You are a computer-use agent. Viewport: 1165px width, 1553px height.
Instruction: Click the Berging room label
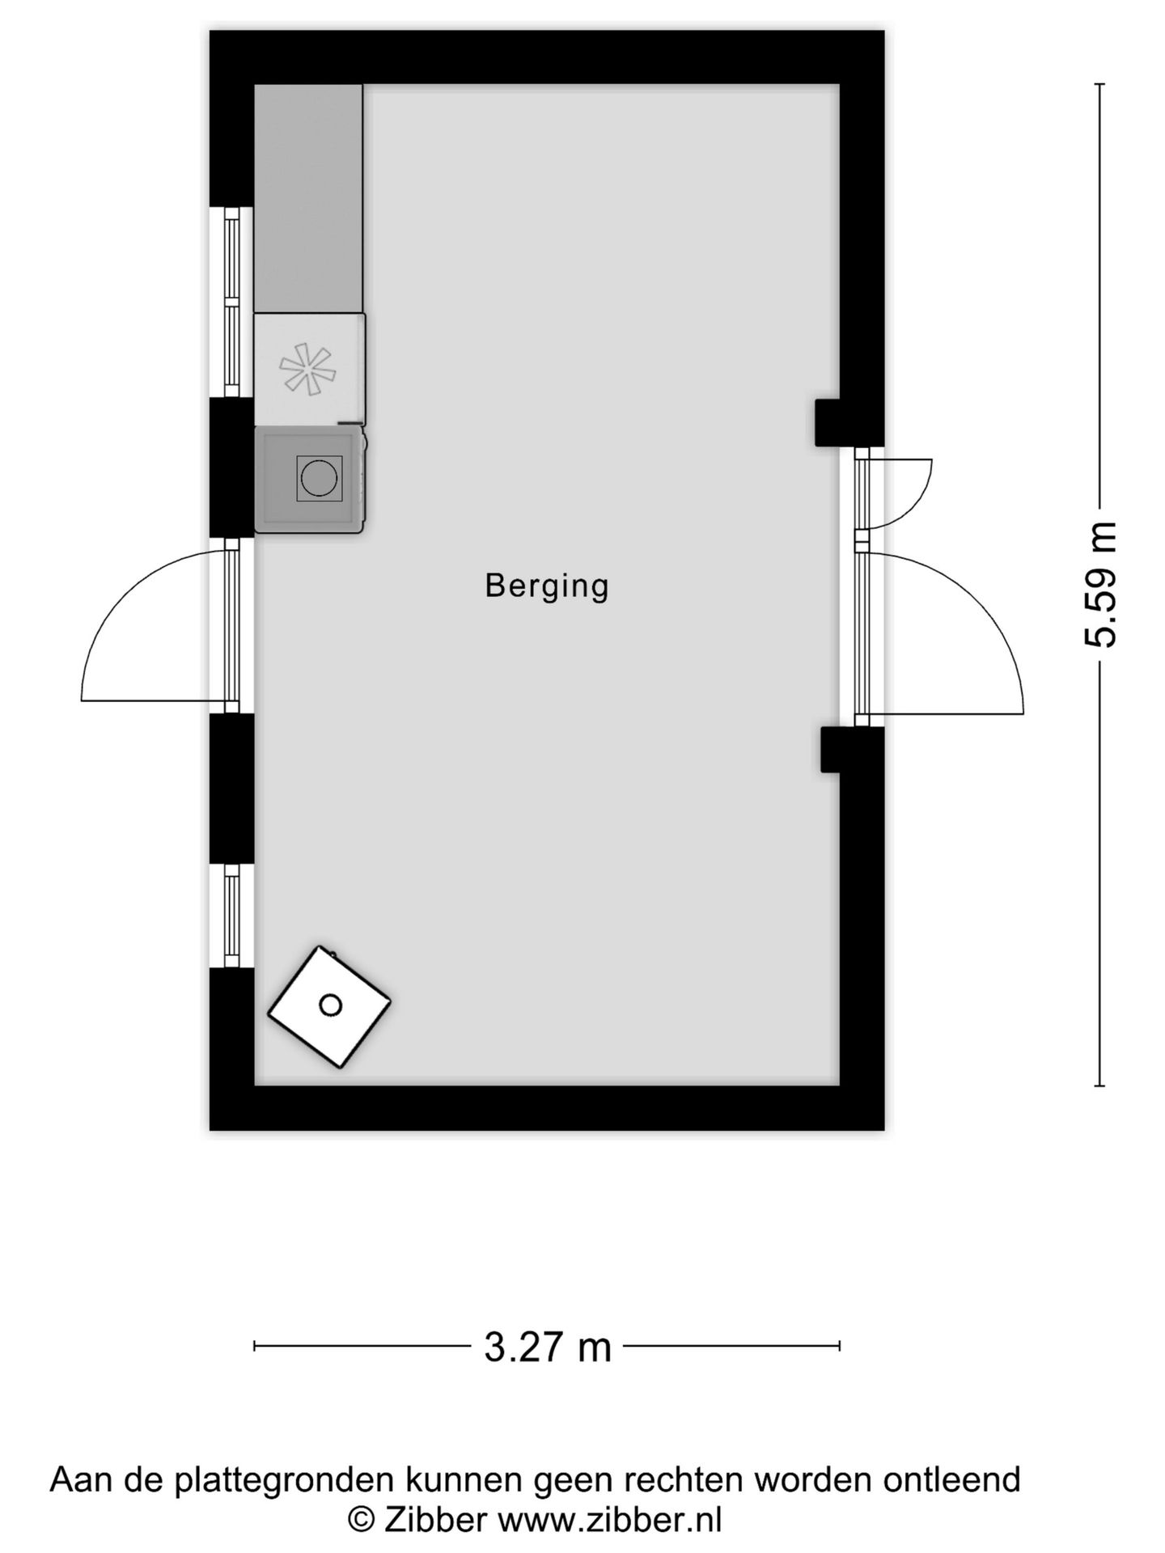tap(546, 586)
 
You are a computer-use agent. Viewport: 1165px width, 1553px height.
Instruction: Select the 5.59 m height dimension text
tap(1100, 585)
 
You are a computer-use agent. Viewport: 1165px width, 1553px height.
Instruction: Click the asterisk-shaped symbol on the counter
tap(307, 370)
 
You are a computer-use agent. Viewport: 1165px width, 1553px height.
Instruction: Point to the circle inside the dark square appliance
tap(319, 479)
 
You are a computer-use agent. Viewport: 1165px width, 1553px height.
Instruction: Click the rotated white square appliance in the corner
tap(329, 1006)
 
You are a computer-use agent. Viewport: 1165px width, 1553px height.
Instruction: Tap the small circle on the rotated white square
tap(330, 1005)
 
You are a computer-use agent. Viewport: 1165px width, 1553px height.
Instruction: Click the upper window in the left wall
tap(232, 303)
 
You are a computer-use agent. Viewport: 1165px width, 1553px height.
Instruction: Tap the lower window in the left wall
tap(232, 916)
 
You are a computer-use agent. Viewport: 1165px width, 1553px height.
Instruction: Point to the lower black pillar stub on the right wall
tap(832, 749)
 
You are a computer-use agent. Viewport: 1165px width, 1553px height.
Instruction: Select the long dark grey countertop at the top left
tap(308, 198)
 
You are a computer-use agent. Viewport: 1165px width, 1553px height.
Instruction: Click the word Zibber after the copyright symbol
tap(435, 1520)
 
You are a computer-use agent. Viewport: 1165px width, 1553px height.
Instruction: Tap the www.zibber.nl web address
tap(608, 1520)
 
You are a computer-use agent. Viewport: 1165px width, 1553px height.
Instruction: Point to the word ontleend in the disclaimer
tap(951, 1479)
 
